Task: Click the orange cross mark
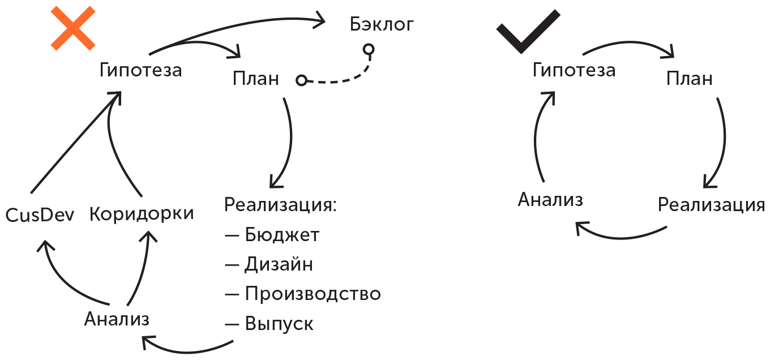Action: pos(73,28)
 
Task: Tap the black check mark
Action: pos(528,32)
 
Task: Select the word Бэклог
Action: pos(382,24)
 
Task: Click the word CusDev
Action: pos(40,215)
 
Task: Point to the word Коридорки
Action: pos(142,214)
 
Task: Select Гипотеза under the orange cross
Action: pos(140,70)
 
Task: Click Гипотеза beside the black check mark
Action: pos(574,70)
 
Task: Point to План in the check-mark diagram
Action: pos(689,79)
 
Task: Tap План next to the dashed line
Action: pos(256,79)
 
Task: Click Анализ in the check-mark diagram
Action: pos(550,200)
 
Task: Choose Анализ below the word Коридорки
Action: pos(117,319)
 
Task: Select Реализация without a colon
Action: pos(711,205)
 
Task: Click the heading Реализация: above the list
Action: pos(280,205)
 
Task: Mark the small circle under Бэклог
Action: pos(369,49)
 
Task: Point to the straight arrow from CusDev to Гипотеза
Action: pos(76,142)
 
